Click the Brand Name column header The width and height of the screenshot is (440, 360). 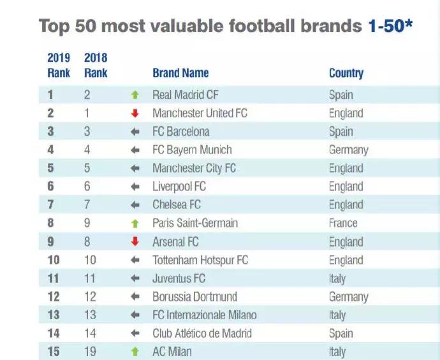point(180,73)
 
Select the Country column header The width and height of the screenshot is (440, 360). point(346,73)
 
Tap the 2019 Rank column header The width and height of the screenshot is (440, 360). point(59,65)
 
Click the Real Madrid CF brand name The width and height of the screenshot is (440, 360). point(186,95)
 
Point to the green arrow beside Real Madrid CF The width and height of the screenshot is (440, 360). point(135,96)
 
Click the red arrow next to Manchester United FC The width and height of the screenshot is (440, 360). point(135,114)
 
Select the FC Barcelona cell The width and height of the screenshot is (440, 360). point(180,132)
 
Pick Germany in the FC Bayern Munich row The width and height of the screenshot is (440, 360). point(348,150)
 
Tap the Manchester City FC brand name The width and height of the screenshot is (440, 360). point(194,169)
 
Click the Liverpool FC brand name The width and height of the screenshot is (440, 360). point(179,187)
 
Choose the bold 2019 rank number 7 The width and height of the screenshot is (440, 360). point(50,205)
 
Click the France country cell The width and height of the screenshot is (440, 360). point(343,224)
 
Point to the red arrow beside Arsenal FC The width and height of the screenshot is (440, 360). point(135,242)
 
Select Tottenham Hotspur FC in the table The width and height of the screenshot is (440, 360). point(200,261)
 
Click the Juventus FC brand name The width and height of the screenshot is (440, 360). point(179,278)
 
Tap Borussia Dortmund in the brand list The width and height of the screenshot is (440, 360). point(194,297)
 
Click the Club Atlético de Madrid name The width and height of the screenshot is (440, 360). point(202,333)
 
